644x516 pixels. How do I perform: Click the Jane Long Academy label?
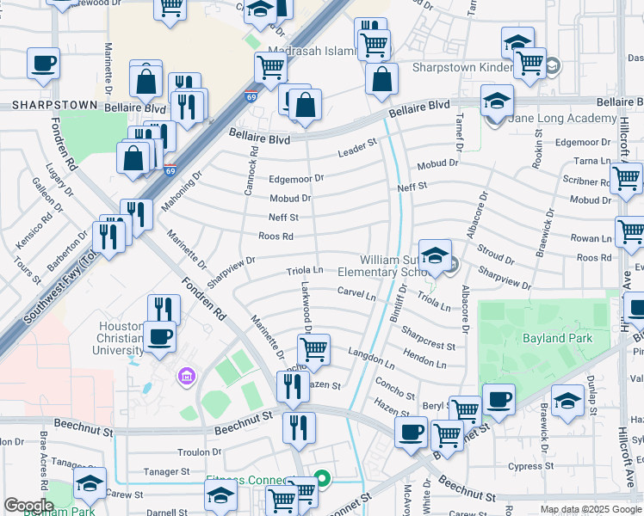pyautogui.click(x=553, y=119)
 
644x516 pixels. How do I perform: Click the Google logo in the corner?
pyautogui.click(x=28, y=506)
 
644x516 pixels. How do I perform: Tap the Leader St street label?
pyautogui.click(x=358, y=148)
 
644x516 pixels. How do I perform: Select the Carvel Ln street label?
pyautogui.click(x=356, y=294)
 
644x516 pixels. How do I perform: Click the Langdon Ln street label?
pyautogui.click(x=370, y=353)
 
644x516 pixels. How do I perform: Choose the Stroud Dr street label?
pyautogui.click(x=495, y=255)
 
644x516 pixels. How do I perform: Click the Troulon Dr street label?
pyautogui.click(x=199, y=451)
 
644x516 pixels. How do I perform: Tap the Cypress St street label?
pyautogui.click(x=529, y=466)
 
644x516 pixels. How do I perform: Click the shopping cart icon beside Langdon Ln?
pyautogui.click(x=314, y=349)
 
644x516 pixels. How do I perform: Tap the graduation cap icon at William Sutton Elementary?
pyautogui.click(x=435, y=254)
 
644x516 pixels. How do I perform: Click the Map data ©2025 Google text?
pyautogui.click(x=590, y=509)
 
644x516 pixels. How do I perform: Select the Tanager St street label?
pyautogui.click(x=166, y=471)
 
